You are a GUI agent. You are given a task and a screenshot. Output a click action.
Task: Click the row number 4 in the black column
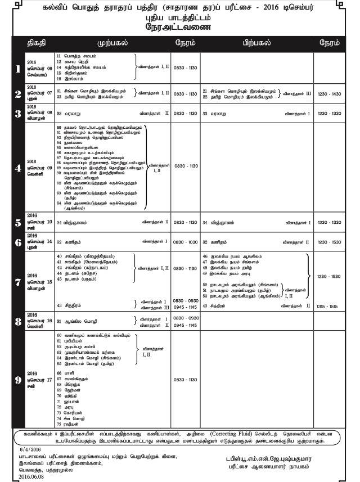[x=18, y=167]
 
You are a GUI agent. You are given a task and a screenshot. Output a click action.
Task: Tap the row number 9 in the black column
[x=18, y=379]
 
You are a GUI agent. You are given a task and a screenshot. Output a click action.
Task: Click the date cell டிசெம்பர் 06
[x=41, y=68]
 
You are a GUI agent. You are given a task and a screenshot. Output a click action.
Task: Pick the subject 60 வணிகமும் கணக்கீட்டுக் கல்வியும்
[x=93, y=335]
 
